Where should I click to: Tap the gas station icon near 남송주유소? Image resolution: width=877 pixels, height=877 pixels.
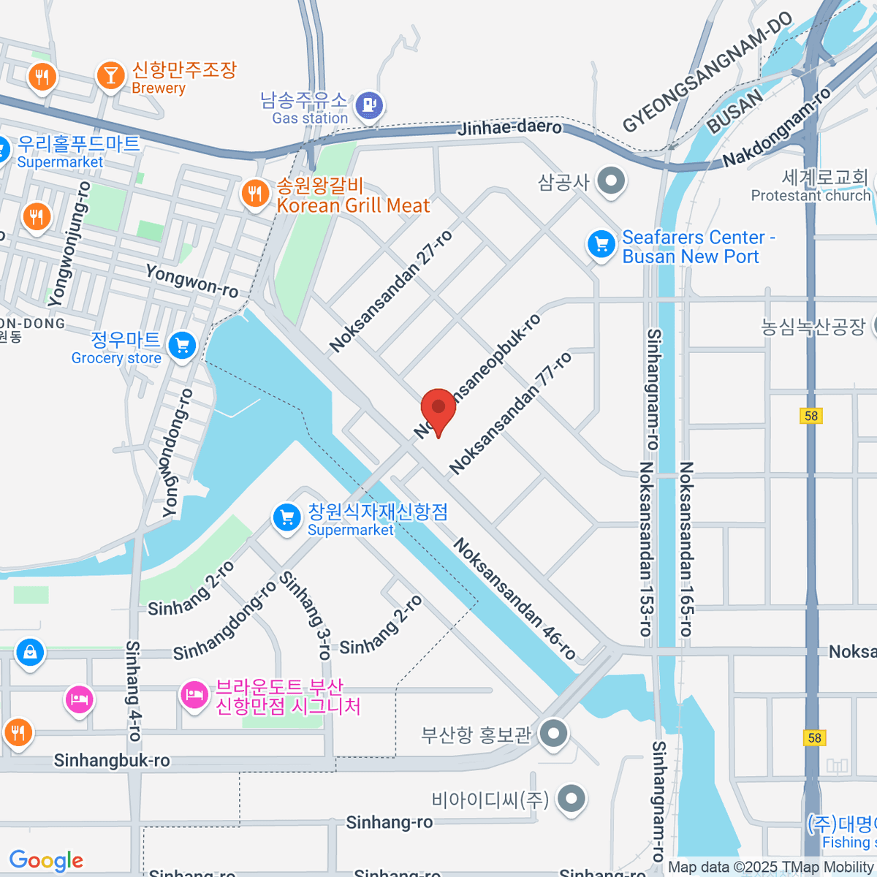(x=370, y=106)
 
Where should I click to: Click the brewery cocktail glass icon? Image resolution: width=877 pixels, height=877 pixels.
(x=111, y=75)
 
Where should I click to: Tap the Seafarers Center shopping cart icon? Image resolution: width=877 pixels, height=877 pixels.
(x=602, y=245)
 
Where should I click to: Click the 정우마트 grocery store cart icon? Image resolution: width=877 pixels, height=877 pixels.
(x=182, y=346)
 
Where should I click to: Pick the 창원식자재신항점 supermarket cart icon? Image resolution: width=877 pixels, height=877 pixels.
(x=286, y=518)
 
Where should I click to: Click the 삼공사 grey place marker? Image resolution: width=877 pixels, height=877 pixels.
(x=611, y=181)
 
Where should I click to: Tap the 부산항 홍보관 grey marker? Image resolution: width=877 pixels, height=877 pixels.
(x=553, y=733)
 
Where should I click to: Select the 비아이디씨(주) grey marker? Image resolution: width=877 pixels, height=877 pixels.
(x=572, y=799)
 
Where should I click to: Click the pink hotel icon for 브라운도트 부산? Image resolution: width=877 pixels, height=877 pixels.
(x=194, y=694)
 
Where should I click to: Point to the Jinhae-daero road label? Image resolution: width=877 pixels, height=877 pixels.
(x=510, y=129)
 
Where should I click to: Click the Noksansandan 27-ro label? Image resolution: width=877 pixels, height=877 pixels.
(x=391, y=291)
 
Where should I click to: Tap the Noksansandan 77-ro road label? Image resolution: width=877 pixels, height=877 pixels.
(x=510, y=414)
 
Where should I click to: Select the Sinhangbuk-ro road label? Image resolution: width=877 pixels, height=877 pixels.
(x=112, y=761)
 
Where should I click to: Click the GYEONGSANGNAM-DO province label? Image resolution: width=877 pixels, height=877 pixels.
(x=707, y=73)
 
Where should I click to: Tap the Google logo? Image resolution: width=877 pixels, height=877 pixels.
(x=46, y=861)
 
